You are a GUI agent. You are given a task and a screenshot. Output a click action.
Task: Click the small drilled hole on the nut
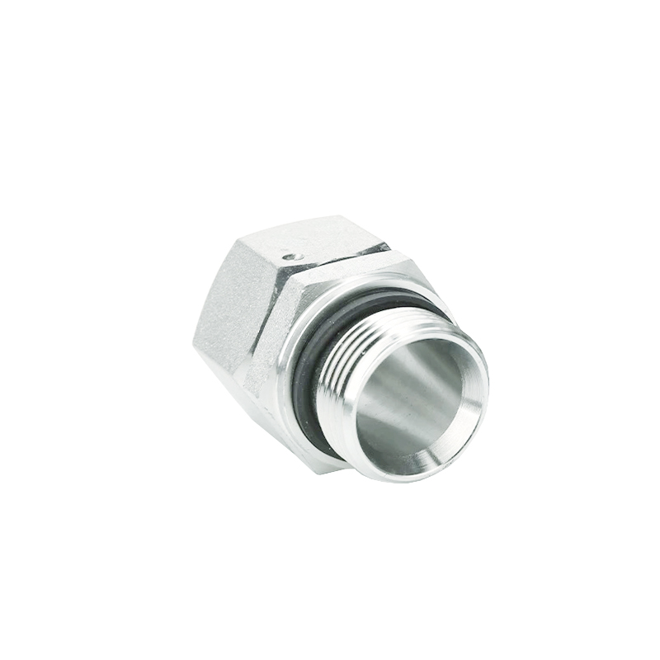(287, 257)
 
